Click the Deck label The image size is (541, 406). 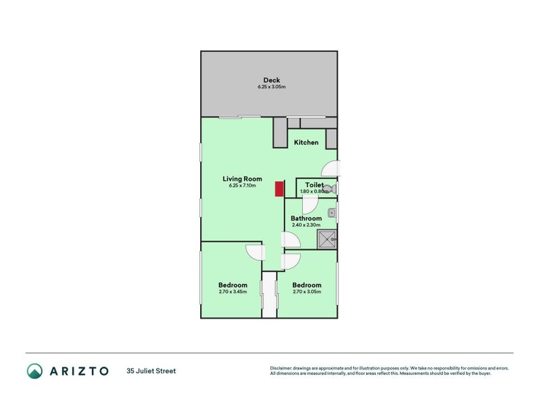pyautogui.click(x=271, y=81)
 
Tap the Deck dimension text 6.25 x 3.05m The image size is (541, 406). pyautogui.click(x=271, y=87)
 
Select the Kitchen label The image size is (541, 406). pyautogui.click(x=306, y=143)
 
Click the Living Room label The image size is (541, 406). pyautogui.click(x=242, y=179)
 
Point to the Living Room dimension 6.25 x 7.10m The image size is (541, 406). pyautogui.click(x=242, y=186)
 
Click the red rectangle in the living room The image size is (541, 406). pyautogui.click(x=279, y=189)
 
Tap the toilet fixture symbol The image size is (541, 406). pyautogui.click(x=331, y=188)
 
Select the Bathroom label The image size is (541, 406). pyautogui.click(x=306, y=219)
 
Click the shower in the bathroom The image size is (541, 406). pyautogui.click(x=327, y=239)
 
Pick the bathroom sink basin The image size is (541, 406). pyautogui.click(x=331, y=213)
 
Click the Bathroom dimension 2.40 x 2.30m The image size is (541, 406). pyautogui.click(x=306, y=225)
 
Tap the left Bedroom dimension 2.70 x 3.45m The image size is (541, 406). pyautogui.click(x=233, y=292)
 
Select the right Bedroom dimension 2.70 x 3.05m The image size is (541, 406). pyautogui.click(x=306, y=292)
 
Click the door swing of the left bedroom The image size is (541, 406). pyautogui.click(x=256, y=252)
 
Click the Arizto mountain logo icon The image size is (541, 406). pyautogui.click(x=34, y=370)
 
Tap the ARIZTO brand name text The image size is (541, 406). pyautogui.click(x=77, y=371)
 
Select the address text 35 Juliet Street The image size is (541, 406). pyautogui.click(x=151, y=371)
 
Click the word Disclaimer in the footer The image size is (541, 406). pyautogui.click(x=283, y=368)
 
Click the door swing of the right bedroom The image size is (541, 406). pyautogui.click(x=292, y=260)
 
